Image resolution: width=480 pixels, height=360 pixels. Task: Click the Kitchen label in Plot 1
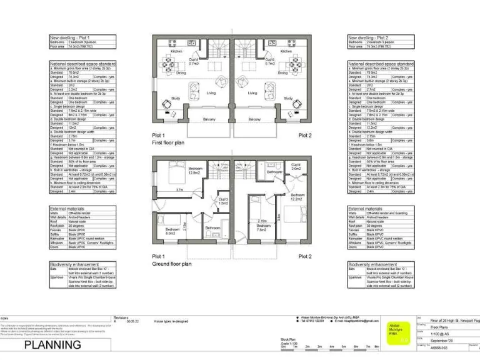177,51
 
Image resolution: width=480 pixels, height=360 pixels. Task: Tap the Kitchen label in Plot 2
286,51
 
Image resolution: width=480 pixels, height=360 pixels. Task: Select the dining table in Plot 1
168,63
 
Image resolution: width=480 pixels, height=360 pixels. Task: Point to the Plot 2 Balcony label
255,119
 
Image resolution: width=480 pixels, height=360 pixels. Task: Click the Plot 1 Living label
211,92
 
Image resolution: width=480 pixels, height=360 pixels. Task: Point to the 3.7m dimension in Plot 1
179,190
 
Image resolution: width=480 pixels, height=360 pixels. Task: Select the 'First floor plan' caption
169,143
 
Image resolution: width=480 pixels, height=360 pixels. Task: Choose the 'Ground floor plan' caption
171,264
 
